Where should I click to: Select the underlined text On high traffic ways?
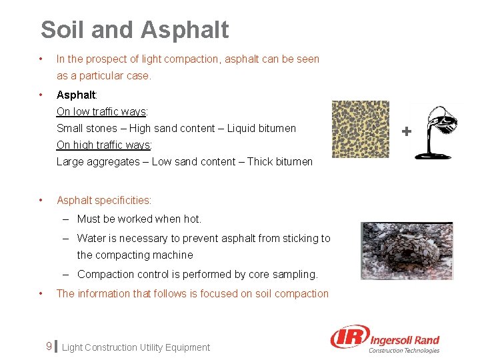click(104, 145)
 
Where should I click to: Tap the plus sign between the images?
click(406, 132)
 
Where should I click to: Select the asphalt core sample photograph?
click(407, 251)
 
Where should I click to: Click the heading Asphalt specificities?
click(104, 200)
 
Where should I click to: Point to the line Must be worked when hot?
click(139, 219)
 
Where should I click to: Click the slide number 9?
click(49, 347)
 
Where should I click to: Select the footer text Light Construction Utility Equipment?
click(135, 347)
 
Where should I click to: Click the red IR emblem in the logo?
click(349, 339)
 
